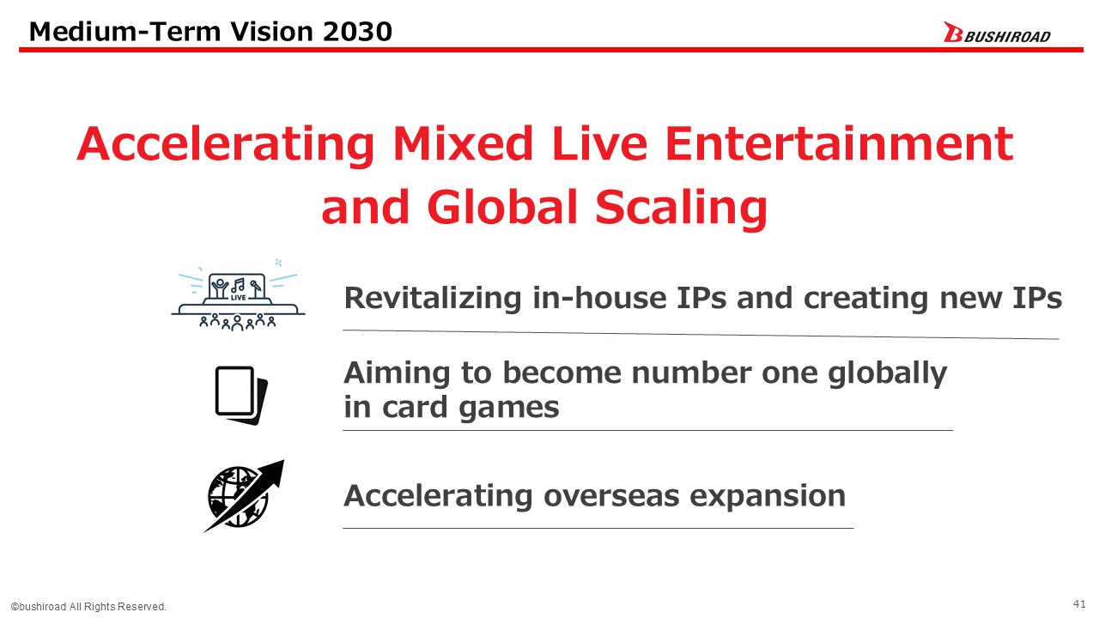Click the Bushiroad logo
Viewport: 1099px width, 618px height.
(x=997, y=33)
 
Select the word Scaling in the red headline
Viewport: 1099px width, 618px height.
(x=681, y=208)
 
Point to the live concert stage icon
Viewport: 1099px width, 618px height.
(x=238, y=294)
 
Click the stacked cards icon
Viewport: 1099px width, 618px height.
(x=241, y=396)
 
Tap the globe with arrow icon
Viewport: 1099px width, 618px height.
(x=244, y=496)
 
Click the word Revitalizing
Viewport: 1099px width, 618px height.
(x=433, y=298)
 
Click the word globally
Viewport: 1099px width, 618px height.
(x=887, y=373)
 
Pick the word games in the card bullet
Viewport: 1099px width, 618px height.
(x=509, y=407)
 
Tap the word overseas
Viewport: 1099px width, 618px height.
(x=611, y=496)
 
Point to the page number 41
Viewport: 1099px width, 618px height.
(x=1079, y=603)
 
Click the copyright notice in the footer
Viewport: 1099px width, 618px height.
(x=88, y=607)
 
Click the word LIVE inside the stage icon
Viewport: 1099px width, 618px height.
(x=239, y=297)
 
